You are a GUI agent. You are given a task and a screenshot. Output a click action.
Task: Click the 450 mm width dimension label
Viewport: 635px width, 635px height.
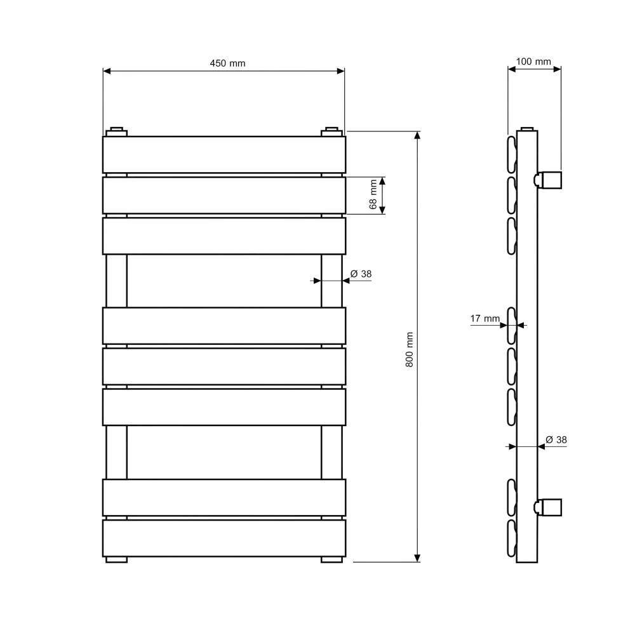tap(227, 63)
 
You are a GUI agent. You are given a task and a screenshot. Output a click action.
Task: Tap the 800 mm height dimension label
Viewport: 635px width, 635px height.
tap(410, 349)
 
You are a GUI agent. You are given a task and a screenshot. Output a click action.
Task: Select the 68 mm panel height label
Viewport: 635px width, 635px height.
tap(373, 194)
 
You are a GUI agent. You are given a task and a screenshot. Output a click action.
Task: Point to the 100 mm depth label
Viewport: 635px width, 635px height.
tap(533, 62)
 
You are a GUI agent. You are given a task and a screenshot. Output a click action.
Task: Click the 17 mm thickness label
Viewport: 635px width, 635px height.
tap(485, 319)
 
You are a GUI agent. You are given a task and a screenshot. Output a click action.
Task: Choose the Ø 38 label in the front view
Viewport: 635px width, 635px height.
tap(361, 274)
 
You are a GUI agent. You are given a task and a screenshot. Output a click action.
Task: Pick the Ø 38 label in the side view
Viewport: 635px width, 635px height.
tap(556, 440)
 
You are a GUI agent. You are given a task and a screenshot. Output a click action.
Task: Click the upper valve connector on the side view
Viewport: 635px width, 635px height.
tap(548, 180)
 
